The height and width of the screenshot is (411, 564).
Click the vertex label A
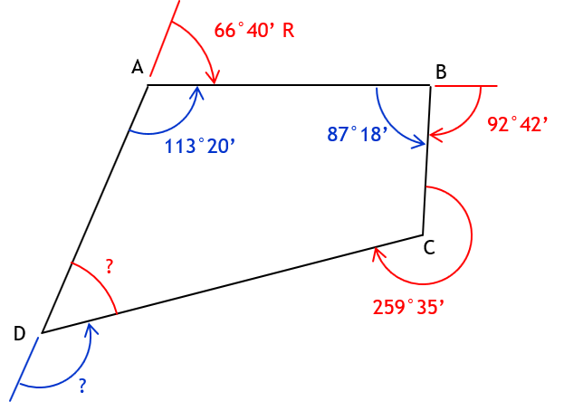point(138,67)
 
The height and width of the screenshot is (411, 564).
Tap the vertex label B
point(441,72)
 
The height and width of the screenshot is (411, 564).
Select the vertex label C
point(429,247)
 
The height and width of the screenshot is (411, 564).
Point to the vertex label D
point(19,333)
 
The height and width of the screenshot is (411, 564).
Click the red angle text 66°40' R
point(254,30)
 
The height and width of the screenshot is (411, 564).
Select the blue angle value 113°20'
point(200,147)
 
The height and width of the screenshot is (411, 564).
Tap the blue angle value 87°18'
point(358,134)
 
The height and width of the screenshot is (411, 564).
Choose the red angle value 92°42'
point(518,124)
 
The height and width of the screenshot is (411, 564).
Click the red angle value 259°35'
point(408,307)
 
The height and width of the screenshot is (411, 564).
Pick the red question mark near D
point(110,266)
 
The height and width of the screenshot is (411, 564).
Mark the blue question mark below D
point(82,386)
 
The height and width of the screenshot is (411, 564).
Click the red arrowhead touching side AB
point(214,78)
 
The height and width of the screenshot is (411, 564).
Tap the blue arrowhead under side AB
point(197,92)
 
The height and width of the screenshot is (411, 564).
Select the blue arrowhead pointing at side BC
point(419,142)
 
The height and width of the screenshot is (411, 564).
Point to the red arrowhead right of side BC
point(436,137)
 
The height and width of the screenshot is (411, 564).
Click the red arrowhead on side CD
point(378,253)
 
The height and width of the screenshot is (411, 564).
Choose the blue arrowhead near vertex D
point(91,330)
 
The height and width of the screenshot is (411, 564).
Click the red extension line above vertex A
point(165,38)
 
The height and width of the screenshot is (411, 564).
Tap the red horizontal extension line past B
point(466,86)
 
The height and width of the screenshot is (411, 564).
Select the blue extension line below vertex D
point(24,369)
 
